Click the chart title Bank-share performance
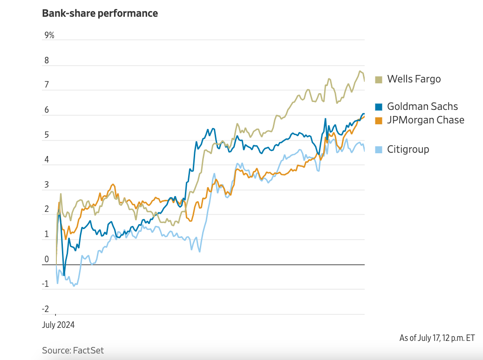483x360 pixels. point(100,13)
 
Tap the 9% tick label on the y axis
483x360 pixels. point(49,35)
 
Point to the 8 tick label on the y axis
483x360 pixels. point(46,61)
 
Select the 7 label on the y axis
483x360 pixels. point(46,85)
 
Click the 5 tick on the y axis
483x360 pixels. point(46,135)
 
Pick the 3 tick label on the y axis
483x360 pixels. point(46,185)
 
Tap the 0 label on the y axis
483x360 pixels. point(46,259)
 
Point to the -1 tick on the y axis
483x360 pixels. point(45,284)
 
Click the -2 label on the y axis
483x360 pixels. point(45,309)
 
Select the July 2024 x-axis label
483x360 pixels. point(58,325)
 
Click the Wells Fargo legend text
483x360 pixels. point(414,79)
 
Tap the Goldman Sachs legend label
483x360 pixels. point(422,107)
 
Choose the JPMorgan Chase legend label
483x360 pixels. point(426,120)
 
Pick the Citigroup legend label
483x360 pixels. point(408,149)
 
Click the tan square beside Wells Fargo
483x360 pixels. point(379,80)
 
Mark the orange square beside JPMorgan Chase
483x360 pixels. point(379,121)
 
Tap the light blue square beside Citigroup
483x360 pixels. point(379,150)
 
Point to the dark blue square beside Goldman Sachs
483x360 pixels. point(379,107)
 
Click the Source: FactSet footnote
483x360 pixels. point(73,350)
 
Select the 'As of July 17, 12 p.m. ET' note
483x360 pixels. point(437,338)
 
